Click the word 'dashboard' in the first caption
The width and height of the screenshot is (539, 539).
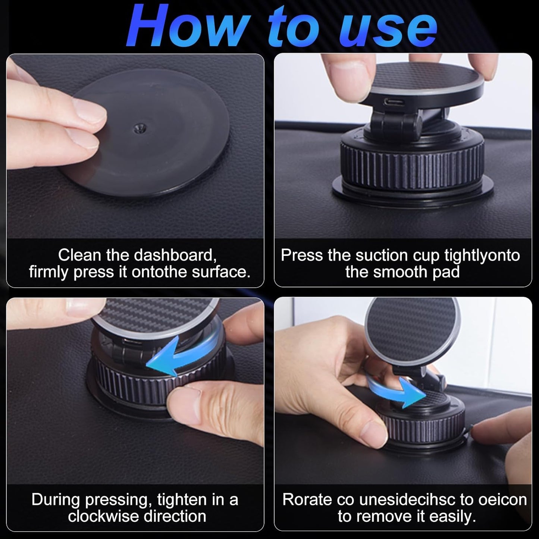click(175, 255)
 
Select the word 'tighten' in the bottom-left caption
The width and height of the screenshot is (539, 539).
click(187, 499)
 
